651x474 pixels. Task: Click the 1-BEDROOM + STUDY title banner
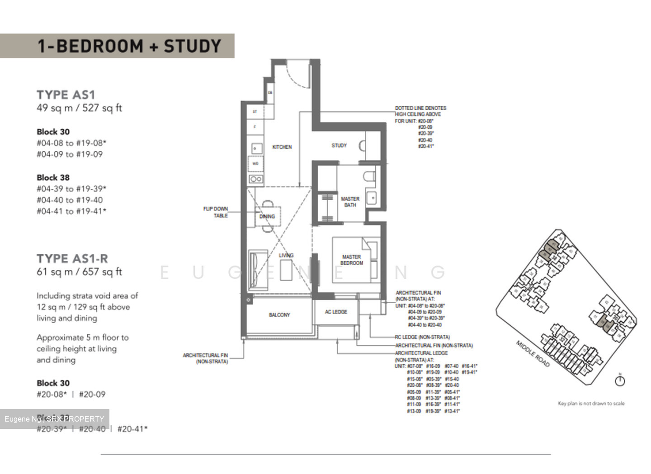point(129,46)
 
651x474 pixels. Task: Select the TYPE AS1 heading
point(66,95)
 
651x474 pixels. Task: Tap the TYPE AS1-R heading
point(72,258)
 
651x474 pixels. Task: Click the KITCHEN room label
point(282,147)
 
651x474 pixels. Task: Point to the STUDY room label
point(339,145)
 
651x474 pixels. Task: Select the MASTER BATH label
point(350,202)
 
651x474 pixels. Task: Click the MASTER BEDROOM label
point(351,260)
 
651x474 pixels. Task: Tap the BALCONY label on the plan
point(279,315)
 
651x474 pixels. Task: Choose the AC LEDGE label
point(336,312)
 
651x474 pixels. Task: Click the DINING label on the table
point(267,216)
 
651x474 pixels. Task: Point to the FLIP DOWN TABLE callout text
point(216,212)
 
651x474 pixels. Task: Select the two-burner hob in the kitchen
point(256,179)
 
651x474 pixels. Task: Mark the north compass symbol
point(620,380)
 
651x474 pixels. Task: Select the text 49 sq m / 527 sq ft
point(80,108)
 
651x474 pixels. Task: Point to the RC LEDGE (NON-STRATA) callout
point(422,337)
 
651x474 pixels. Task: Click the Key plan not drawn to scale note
point(591,404)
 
